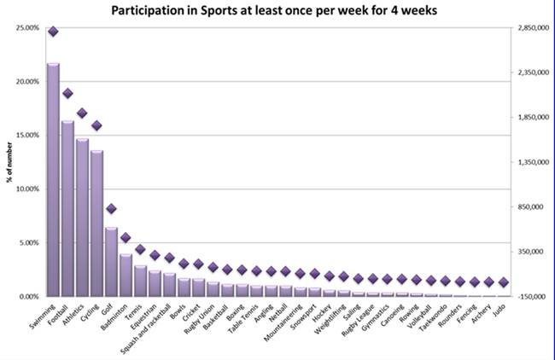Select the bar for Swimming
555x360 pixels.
[x=53, y=179]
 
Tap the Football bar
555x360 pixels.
[x=67, y=208]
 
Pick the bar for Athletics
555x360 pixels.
[x=82, y=218]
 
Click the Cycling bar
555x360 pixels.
[x=96, y=224]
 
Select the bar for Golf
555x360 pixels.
[x=111, y=261]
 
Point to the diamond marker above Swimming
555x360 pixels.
[x=53, y=32]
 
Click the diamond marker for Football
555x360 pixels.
[x=67, y=93]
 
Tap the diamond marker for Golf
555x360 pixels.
[x=111, y=208]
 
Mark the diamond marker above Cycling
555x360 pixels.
[x=96, y=125]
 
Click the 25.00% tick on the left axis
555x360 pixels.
[x=27, y=28]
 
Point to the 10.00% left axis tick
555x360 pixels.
[x=27, y=189]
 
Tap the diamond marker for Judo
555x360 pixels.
[x=503, y=282]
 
